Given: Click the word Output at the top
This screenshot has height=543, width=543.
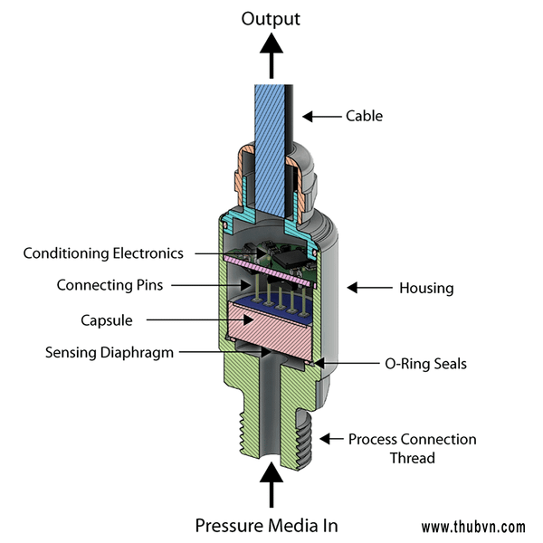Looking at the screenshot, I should pos(269,18).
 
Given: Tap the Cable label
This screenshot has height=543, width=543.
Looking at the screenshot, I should pos(365,116).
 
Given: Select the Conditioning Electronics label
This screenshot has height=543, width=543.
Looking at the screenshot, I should pos(103,253).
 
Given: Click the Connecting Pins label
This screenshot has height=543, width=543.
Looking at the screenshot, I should pos(110,285).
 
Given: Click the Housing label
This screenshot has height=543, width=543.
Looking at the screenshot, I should pos(426,289).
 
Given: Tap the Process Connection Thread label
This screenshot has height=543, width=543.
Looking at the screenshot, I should pos(412,448).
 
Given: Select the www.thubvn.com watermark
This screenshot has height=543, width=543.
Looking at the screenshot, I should pos(473,527).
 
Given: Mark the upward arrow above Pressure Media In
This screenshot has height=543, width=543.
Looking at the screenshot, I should pos(269,484).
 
